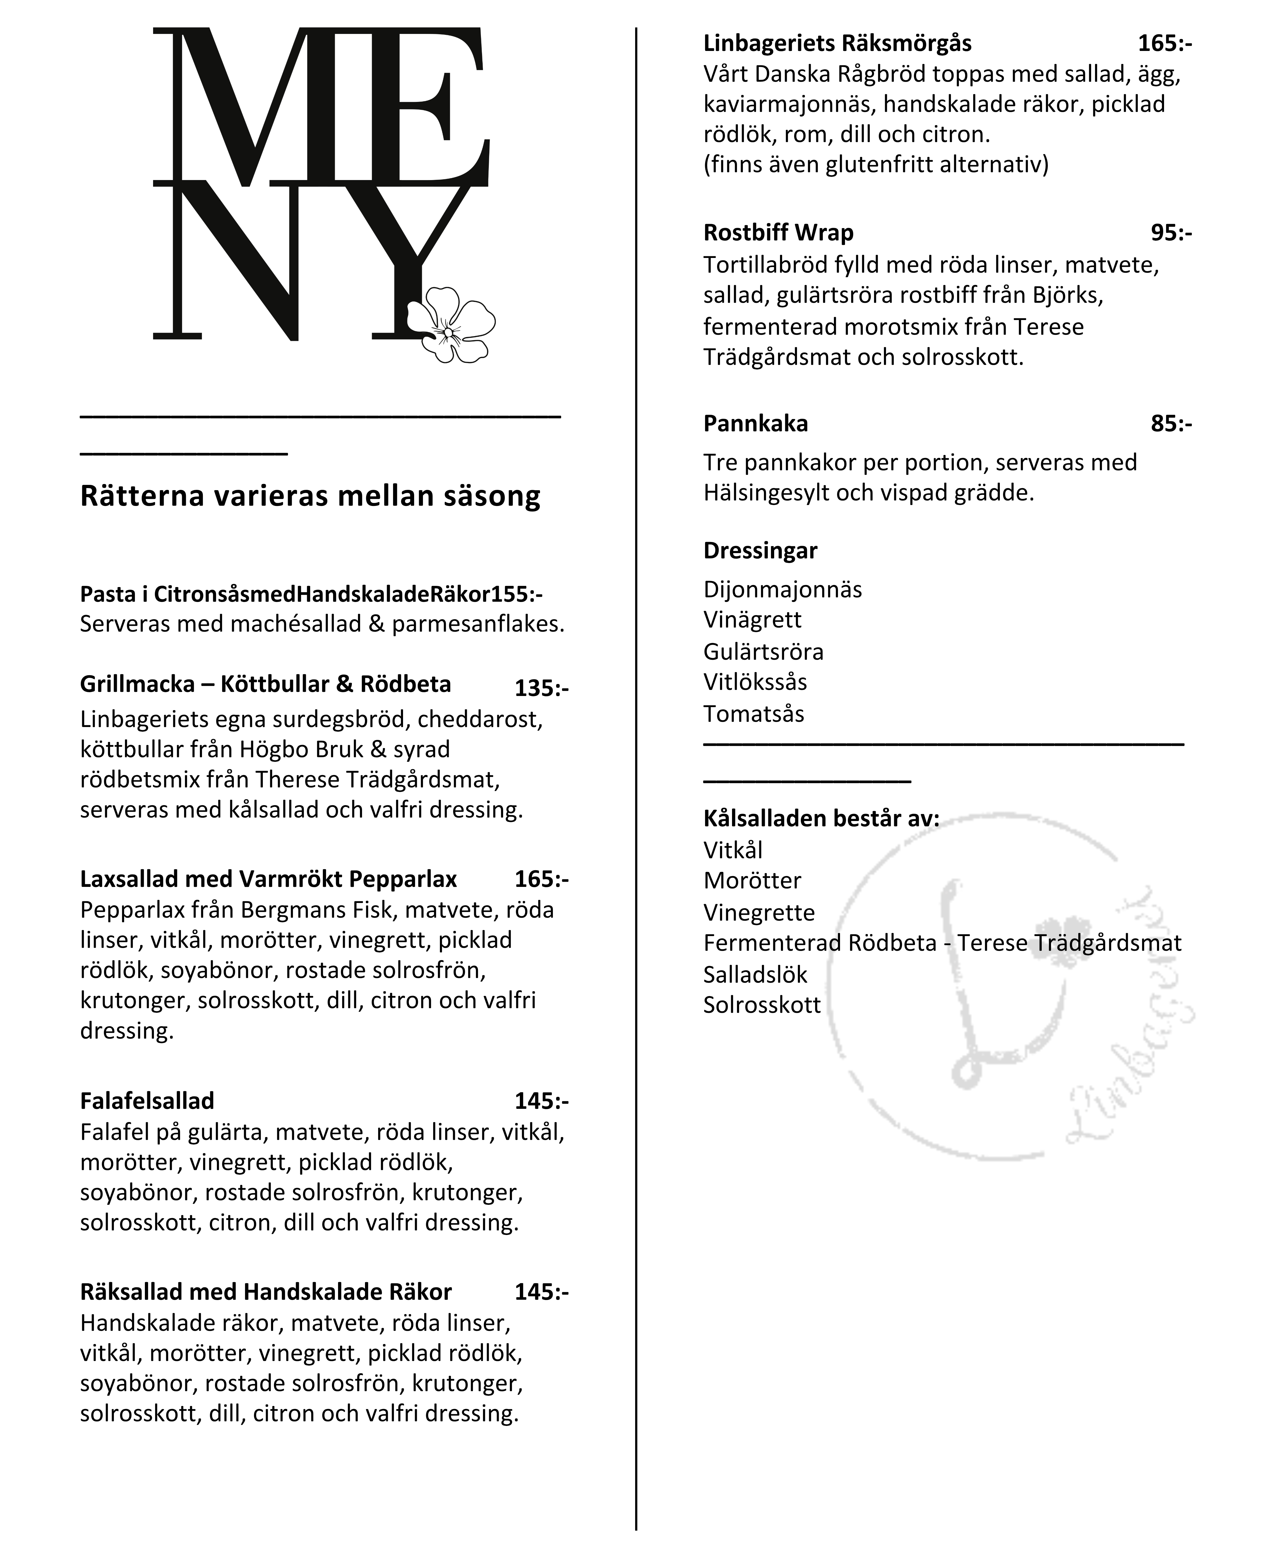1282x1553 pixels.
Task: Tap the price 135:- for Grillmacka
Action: point(541,688)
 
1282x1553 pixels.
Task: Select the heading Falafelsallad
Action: point(147,1101)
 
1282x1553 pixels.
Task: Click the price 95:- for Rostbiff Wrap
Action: point(1170,233)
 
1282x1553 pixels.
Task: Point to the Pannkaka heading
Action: point(755,423)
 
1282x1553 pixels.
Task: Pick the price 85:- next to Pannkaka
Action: point(1170,423)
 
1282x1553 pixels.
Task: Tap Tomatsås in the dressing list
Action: point(753,714)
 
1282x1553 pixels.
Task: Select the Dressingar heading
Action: point(760,550)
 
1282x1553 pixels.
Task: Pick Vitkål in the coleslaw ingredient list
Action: point(733,850)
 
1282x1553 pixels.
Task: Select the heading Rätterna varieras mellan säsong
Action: point(310,496)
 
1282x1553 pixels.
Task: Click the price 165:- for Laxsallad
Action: point(541,878)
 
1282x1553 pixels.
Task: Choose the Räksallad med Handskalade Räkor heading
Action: point(266,1292)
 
